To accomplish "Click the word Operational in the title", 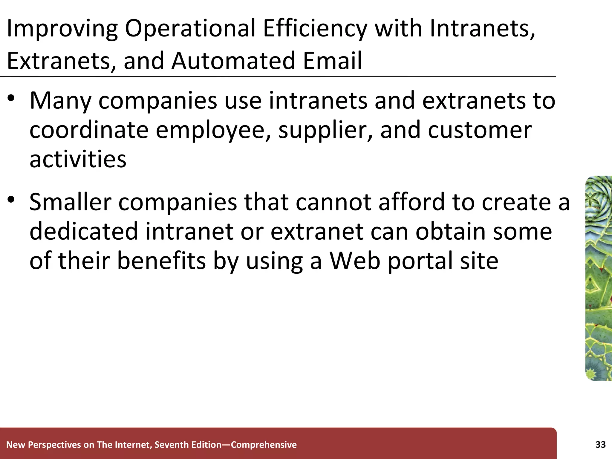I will click(x=190, y=29).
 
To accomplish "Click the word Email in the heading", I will click(x=332, y=61).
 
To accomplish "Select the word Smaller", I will click(x=71, y=202).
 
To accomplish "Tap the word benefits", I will click(x=161, y=261).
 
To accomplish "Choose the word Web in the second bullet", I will click(x=355, y=261).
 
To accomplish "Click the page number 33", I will click(x=600, y=445).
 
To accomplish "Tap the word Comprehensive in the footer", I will click(x=264, y=445).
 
